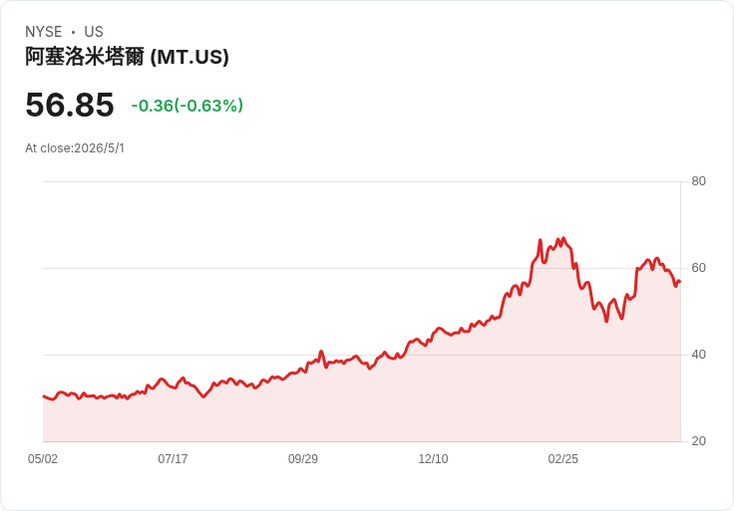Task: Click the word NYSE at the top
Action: coord(44,32)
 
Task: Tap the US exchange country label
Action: coord(94,32)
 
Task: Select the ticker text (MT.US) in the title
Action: coord(189,57)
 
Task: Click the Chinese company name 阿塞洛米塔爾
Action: coord(85,57)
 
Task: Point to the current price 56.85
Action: coord(70,105)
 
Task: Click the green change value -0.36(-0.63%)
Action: coord(187,106)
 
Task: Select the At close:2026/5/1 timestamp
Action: coord(75,148)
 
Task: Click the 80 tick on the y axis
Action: coord(698,181)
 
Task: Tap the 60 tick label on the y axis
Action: coord(698,268)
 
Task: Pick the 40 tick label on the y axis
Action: coord(698,355)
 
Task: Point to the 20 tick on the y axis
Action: coord(698,441)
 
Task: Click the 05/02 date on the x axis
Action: coord(43,459)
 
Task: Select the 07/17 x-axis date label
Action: coord(173,459)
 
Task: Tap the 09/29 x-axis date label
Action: coord(303,459)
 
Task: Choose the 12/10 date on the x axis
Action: coord(433,459)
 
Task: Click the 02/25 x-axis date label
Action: coord(563,459)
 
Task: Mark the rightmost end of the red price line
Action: coord(680,282)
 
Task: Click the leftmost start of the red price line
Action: coord(44,396)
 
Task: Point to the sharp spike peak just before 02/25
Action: coord(541,240)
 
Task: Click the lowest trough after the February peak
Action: coord(606,321)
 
